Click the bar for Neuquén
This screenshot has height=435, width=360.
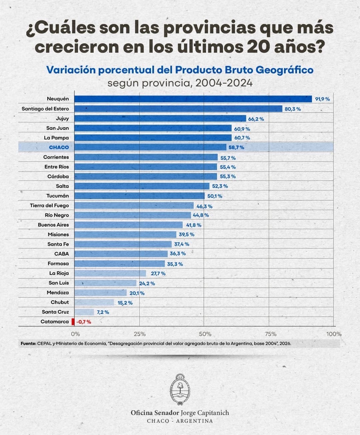click(x=193, y=99)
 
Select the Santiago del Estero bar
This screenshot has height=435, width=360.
click(x=178, y=109)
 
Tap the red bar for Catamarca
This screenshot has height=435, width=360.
click(x=73, y=322)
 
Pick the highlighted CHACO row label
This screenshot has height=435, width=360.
click(x=59, y=147)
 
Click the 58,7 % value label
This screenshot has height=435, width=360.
click(x=236, y=147)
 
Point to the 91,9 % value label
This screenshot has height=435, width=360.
click(x=322, y=99)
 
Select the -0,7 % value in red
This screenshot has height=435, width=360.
click(x=84, y=322)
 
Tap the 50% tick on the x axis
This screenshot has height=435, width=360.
click(x=205, y=334)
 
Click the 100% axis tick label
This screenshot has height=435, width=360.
click(x=334, y=334)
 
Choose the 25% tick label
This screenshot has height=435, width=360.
click(x=140, y=334)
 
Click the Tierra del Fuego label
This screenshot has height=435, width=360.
click(x=49, y=205)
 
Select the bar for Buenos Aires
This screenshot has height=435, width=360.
click(x=128, y=225)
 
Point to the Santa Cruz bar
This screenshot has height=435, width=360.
click(x=84, y=312)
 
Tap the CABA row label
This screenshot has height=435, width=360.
click(x=62, y=254)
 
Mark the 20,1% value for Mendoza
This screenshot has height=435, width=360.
click(x=137, y=293)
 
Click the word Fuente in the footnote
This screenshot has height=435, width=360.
click(x=28, y=343)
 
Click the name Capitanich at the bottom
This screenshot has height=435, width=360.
click(x=213, y=413)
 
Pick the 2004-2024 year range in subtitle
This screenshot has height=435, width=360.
click(x=224, y=83)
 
